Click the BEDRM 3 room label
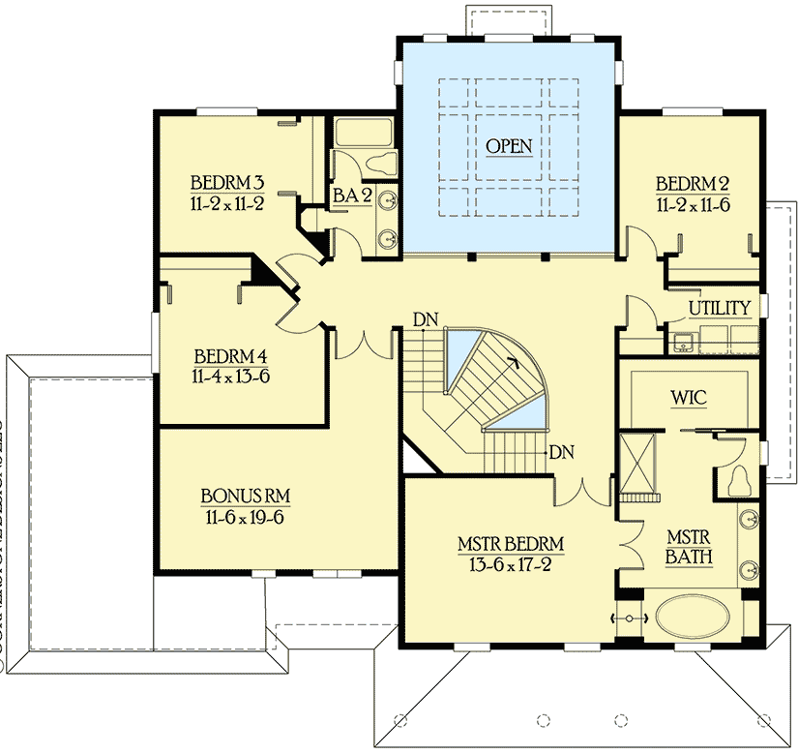(x=227, y=182)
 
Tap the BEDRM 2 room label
(x=692, y=184)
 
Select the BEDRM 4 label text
(x=230, y=354)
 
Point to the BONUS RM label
(x=246, y=497)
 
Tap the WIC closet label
(x=691, y=398)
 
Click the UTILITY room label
(x=719, y=308)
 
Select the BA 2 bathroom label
(x=352, y=196)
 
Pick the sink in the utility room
(x=683, y=340)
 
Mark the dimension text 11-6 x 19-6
(x=246, y=517)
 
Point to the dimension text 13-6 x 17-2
(x=511, y=564)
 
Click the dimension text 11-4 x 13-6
(x=230, y=375)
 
